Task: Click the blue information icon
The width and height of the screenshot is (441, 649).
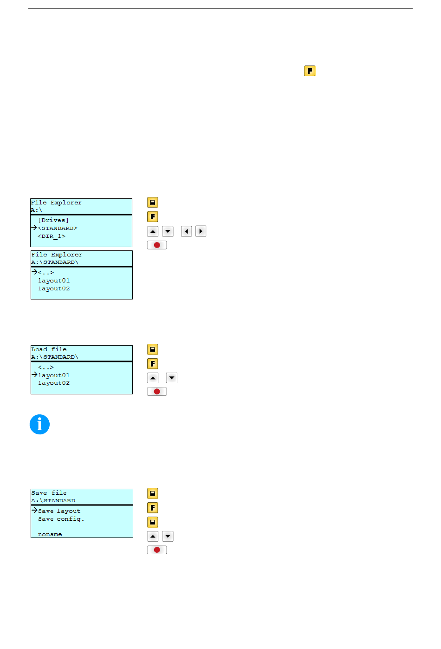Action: [x=39, y=424]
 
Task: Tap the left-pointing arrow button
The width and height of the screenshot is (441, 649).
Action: [x=186, y=231]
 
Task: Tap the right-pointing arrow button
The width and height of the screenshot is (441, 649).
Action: [x=201, y=231]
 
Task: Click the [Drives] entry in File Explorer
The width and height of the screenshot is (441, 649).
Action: [x=53, y=220]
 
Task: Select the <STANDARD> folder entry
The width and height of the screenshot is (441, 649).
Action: [x=58, y=228]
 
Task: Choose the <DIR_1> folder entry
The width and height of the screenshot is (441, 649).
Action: [x=52, y=236]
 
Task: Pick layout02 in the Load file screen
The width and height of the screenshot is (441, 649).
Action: [x=54, y=383]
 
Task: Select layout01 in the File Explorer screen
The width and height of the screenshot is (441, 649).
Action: [x=54, y=281]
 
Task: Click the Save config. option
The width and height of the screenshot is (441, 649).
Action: [x=61, y=519]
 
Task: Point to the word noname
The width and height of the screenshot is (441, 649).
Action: [x=50, y=534]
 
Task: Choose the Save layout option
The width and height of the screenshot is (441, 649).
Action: [x=59, y=511]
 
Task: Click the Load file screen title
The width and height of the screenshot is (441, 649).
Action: [x=49, y=349]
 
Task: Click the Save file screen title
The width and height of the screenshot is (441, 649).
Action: [x=49, y=493]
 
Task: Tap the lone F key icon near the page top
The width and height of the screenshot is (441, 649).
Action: [x=310, y=71]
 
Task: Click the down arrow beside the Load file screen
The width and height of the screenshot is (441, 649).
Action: [x=172, y=378]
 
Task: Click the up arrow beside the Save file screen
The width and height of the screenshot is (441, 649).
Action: [x=153, y=537]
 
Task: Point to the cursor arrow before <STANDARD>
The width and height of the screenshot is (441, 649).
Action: [x=34, y=228]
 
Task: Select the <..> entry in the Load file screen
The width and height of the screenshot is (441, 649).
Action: [x=45, y=367]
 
